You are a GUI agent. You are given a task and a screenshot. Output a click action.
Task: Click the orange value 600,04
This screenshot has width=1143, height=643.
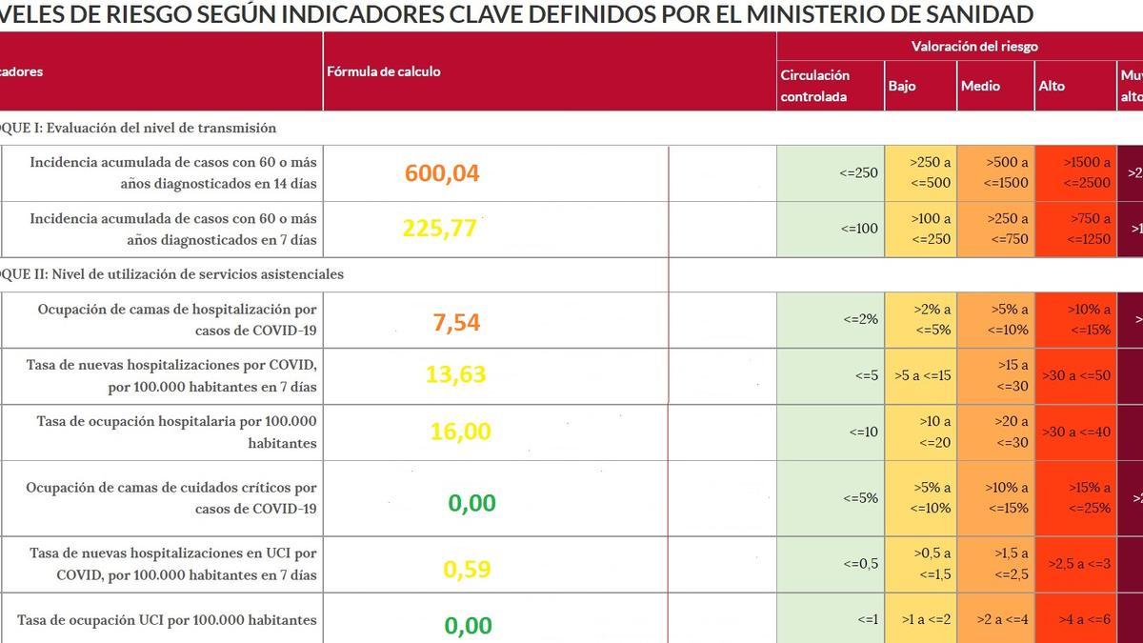point(442,173)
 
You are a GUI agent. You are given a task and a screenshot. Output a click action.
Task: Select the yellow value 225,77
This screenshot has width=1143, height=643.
point(439,229)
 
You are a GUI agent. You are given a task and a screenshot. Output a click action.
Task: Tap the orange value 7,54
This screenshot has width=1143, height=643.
point(456,322)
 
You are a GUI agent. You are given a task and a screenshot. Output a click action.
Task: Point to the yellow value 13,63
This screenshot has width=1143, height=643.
point(455,374)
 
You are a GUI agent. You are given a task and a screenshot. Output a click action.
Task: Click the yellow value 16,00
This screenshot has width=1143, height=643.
point(460,432)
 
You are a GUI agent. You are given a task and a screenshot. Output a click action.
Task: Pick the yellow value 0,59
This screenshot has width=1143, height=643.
point(467,570)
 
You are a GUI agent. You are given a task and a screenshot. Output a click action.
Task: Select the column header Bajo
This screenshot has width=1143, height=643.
point(902,86)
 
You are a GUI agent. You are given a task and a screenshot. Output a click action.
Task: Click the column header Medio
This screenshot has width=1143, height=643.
point(980,86)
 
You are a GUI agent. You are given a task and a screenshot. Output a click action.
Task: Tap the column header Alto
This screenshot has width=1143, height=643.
point(1052,86)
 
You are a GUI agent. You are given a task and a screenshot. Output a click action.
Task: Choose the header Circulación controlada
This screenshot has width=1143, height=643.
point(815,86)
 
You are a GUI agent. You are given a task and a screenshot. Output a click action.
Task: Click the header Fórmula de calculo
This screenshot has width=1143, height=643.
point(384,71)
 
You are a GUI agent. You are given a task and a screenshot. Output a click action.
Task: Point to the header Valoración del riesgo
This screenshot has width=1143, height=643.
point(974,46)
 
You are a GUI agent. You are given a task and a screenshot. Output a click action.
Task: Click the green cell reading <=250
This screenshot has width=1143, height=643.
point(859,173)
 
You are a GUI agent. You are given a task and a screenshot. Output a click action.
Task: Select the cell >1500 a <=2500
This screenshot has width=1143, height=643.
point(1074,172)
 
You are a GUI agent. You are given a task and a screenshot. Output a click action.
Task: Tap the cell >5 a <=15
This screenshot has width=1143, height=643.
point(921,375)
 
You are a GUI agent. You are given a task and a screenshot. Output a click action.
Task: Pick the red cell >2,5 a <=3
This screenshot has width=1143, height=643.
point(1074,564)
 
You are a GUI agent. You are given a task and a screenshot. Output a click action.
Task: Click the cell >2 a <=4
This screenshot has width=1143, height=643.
point(996,620)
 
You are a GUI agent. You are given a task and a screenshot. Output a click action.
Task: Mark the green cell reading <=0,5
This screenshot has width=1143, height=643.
point(860,564)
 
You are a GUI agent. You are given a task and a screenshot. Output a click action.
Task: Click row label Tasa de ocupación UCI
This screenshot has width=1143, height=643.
point(167,620)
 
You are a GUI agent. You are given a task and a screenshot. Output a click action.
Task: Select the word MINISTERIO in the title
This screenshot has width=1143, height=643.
point(829,14)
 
